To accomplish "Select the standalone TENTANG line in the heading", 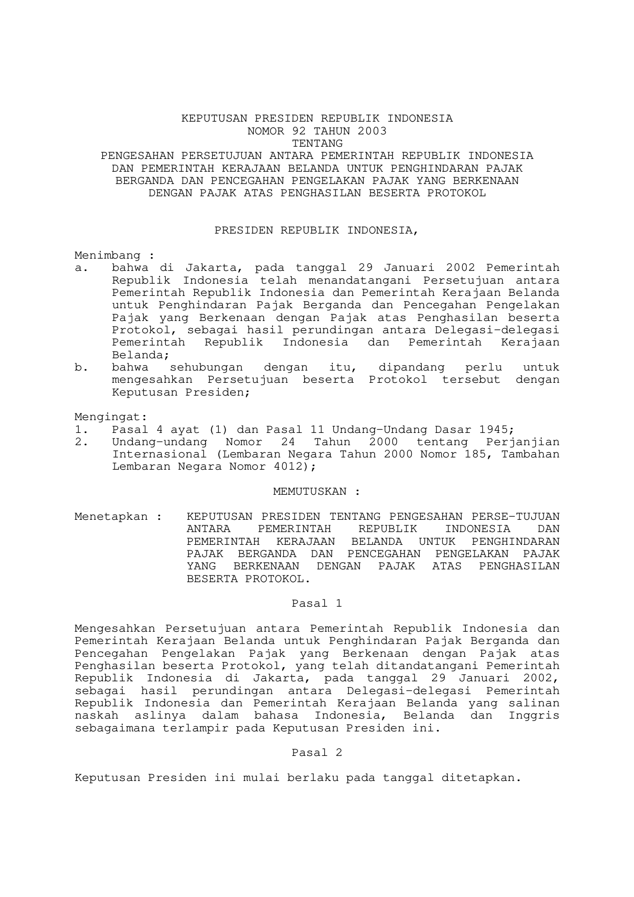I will tap(317, 143).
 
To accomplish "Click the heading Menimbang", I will tap(107, 255).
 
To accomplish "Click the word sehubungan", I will tap(206, 367).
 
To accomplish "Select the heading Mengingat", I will tap(111, 417).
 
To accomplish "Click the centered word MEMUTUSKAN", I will tap(310, 492).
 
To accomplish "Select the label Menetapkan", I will tap(111, 517).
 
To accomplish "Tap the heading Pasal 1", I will tap(316, 604).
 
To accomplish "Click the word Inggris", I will tap(534, 716).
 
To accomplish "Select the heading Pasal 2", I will tap(316, 753).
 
